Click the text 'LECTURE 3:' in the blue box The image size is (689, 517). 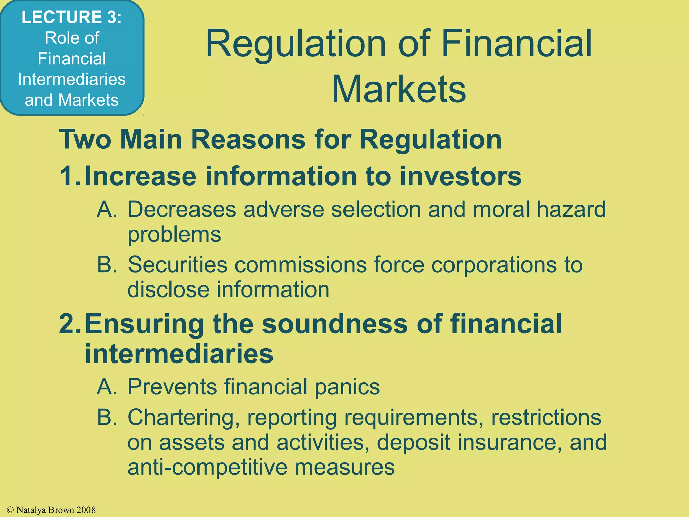coord(71,17)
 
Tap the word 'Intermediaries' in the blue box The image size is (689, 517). coord(72,79)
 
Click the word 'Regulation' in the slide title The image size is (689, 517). coord(295,44)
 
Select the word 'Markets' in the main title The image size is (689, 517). coord(399,89)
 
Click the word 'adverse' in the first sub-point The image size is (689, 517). coord(284,209)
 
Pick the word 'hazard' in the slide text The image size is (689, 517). coord(571,209)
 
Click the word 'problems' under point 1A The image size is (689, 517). coord(174,234)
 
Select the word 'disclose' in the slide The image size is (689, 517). coord(168,289)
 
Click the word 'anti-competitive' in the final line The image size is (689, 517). coord(207,467)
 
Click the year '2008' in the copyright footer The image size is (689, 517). coord(86,510)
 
